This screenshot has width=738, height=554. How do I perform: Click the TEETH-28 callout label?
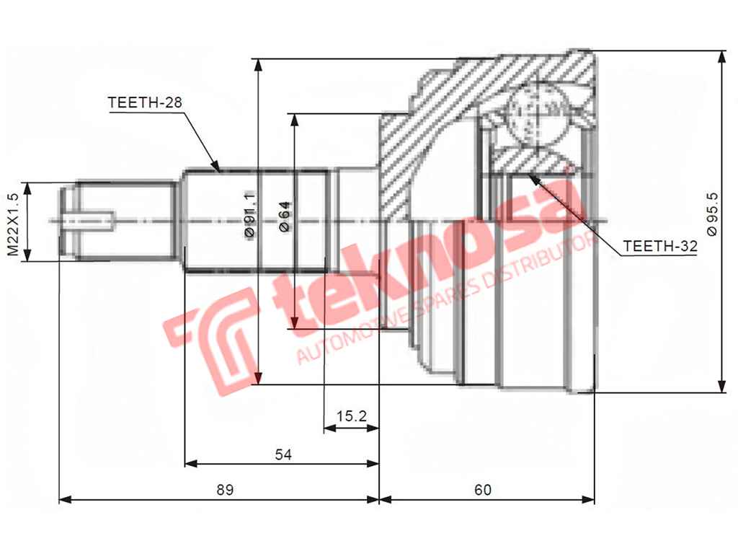coord(144,102)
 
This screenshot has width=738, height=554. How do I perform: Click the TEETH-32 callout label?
coord(660,246)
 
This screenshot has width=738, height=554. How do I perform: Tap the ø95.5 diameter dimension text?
coord(712,213)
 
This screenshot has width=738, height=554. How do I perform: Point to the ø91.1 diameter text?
coord(249,215)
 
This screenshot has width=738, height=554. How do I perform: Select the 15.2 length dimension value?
coord(352,415)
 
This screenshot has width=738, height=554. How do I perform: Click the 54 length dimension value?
coord(283,454)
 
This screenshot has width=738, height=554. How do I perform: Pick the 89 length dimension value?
coord(226,490)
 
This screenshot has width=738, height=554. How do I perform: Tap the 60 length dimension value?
coord(483,490)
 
